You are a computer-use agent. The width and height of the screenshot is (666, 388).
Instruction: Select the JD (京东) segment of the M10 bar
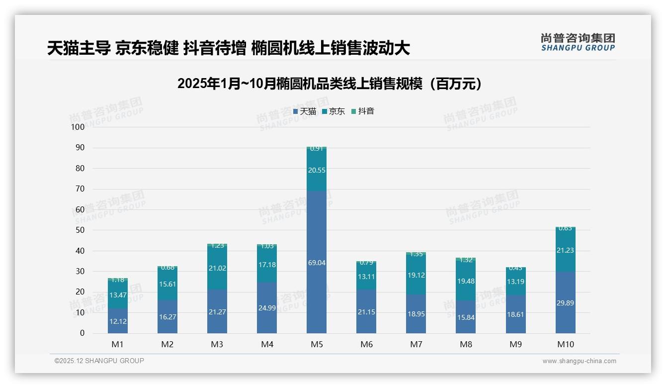(x=566, y=250)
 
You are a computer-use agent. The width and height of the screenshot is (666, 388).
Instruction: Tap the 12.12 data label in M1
(x=117, y=321)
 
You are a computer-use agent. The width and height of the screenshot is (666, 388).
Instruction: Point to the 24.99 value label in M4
(x=267, y=308)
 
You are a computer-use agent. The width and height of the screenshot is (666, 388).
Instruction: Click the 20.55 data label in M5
(x=317, y=170)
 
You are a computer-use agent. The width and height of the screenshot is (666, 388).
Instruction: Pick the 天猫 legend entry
(x=305, y=111)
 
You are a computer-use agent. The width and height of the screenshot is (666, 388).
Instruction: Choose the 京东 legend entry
(x=333, y=111)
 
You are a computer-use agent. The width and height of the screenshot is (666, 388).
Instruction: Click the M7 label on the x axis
(x=416, y=344)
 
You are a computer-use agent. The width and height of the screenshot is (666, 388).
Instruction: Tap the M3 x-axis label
(x=217, y=344)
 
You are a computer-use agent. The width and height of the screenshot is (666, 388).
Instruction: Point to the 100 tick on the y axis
(x=78, y=127)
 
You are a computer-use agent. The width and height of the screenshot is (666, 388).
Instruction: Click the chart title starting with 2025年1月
(x=330, y=84)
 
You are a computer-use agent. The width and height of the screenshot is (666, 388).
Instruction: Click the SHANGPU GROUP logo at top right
(x=578, y=42)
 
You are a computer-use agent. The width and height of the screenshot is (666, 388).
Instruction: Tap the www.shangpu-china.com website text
(x=579, y=361)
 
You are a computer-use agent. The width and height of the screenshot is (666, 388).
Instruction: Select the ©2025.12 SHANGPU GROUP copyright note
(x=99, y=361)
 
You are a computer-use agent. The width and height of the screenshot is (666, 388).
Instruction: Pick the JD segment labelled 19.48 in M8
(x=466, y=281)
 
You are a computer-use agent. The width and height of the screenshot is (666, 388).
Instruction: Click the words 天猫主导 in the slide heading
(x=79, y=48)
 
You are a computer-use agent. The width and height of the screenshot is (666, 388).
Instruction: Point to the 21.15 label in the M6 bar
(x=366, y=311)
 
